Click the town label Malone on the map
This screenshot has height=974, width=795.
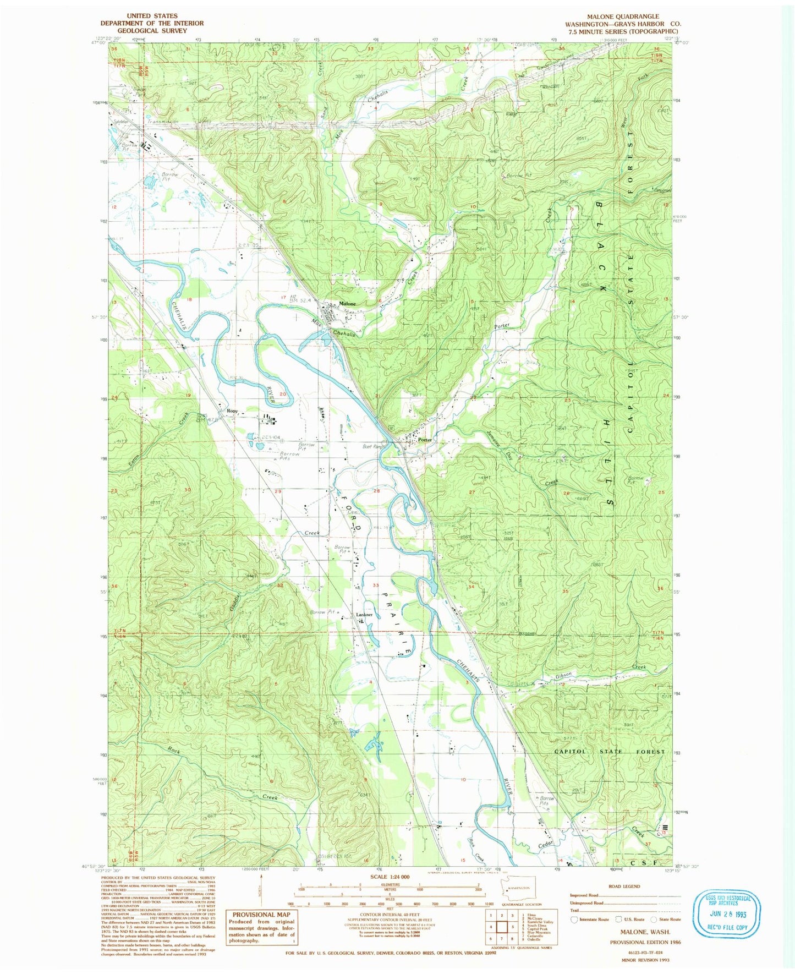347,304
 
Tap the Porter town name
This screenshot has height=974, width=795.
424,440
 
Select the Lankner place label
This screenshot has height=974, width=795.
364,615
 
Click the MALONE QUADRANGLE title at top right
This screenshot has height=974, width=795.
623,17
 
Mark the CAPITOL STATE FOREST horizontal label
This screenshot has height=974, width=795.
609,752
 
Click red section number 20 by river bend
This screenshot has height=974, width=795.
284,394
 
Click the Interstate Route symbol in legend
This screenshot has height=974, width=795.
575,920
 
